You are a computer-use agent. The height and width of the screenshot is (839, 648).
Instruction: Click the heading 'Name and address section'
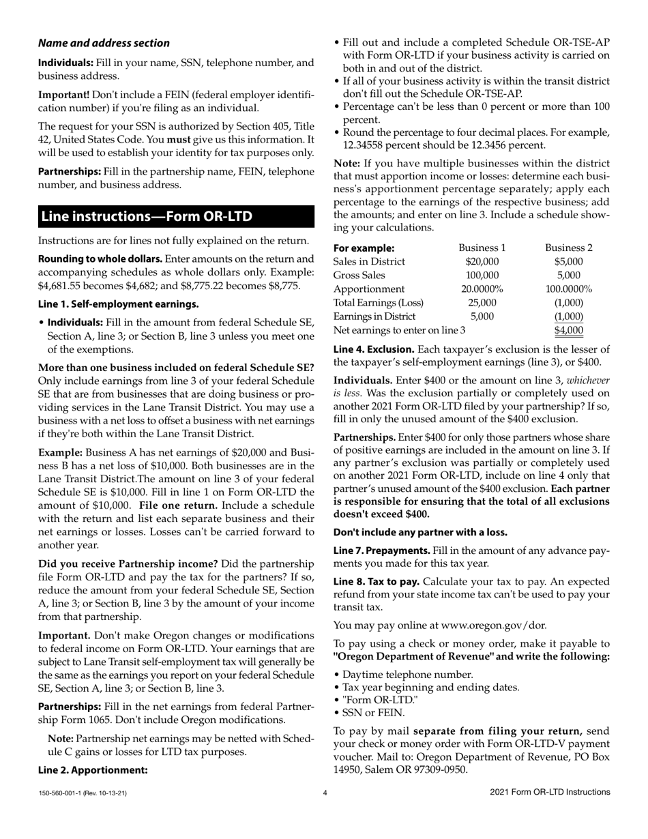pyautogui.click(x=104, y=43)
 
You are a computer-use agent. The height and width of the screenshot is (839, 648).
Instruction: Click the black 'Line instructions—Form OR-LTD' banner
pyautogui.click(x=176, y=217)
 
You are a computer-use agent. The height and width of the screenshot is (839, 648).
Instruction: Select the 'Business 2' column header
pyautogui.click(x=569, y=248)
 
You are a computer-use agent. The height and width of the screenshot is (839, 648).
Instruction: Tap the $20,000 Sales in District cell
pyautogui.click(x=482, y=261)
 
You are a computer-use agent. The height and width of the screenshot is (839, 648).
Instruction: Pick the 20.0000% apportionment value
pyautogui.click(x=482, y=289)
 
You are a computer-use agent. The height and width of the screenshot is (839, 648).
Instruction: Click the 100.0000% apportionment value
pyautogui.click(x=569, y=289)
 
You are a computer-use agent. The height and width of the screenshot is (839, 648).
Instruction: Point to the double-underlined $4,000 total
pyautogui.click(x=569, y=330)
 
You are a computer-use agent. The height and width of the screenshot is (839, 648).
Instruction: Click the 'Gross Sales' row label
pyautogui.click(x=359, y=275)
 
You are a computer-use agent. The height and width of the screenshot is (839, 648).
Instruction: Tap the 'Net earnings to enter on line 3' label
pyautogui.click(x=399, y=330)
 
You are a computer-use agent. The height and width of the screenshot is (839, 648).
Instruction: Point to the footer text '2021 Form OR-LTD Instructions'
pyautogui.click(x=550, y=792)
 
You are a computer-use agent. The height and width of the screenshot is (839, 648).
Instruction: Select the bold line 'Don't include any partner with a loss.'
pyautogui.click(x=420, y=532)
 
